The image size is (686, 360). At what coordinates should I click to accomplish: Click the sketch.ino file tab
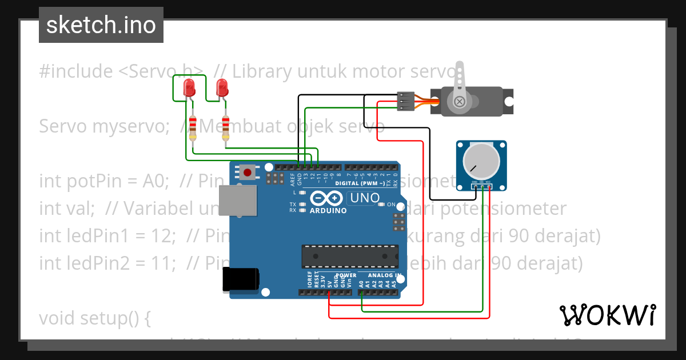coord(101,25)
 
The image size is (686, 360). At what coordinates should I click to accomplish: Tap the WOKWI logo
coord(607,315)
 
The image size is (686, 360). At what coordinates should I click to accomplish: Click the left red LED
coord(189,89)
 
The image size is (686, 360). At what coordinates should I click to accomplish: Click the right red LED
coord(222,89)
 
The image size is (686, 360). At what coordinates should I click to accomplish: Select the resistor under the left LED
coord(193,125)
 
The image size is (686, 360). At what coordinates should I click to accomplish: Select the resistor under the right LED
coord(226,125)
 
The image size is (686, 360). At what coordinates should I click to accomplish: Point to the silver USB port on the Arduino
coord(235,200)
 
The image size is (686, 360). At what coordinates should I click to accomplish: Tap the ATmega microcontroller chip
coord(350,256)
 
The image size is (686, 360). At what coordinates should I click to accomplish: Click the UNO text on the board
coord(364,198)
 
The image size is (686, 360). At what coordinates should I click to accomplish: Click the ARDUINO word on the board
coord(328,210)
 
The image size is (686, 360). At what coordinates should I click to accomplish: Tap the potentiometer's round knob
coord(481,159)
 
